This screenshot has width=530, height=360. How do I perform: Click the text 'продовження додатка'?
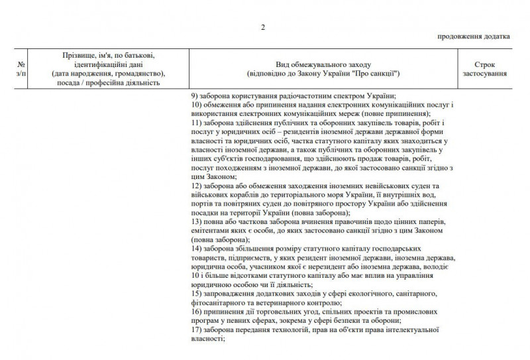pyautogui.click(x=474, y=36)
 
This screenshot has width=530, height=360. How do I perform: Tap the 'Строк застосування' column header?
pyautogui.click(x=484, y=69)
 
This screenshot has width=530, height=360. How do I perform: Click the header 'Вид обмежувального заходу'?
pyautogui.click(x=322, y=64)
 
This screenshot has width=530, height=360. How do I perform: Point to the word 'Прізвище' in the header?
pyautogui.click(x=77, y=55)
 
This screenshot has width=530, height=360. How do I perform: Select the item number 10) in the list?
pyautogui.click(x=196, y=105)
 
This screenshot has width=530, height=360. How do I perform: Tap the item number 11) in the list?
pyautogui.click(x=196, y=123)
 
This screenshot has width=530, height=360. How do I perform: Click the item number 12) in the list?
pyautogui.click(x=196, y=186)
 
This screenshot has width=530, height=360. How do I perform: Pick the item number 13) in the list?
pyautogui.click(x=196, y=221)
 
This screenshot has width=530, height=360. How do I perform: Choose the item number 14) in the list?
pyautogui.click(x=196, y=248)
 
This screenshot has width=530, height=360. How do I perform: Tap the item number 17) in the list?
pyautogui.click(x=196, y=328)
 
